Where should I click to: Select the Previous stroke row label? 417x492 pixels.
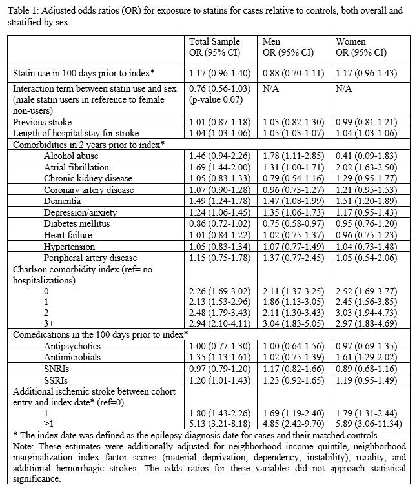click(43, 121)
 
